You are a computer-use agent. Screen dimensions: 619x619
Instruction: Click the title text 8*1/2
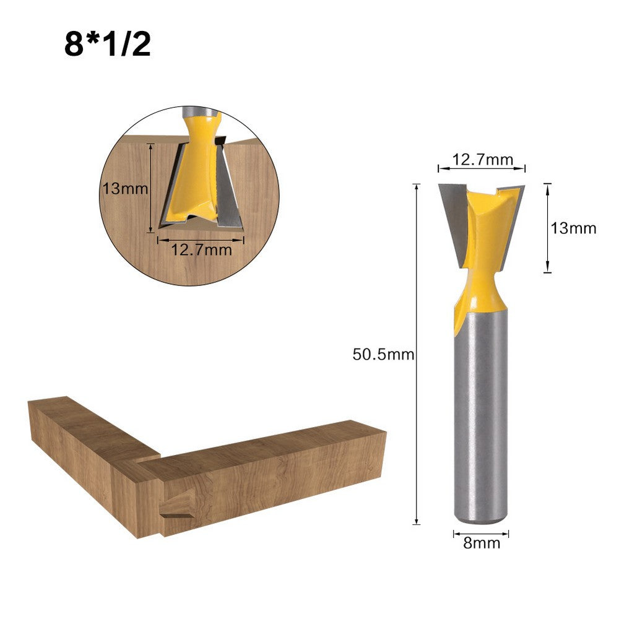[107, 45]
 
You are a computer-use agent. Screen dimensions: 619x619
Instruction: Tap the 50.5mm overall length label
[383, 355]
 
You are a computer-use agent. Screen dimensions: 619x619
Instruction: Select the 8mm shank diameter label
[481, 543]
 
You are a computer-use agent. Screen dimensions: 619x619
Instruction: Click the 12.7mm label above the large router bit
[482, 160]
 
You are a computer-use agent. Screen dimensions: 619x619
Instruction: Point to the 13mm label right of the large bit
[574, 228]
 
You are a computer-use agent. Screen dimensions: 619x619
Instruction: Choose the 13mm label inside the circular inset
[126, 188]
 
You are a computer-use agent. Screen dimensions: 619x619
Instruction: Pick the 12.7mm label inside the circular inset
[201, 249]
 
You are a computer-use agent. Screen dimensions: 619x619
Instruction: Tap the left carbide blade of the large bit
[452, 220]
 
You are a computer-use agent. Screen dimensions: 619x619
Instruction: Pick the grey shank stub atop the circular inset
[201, 112]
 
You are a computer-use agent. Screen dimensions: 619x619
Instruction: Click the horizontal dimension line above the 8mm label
[481, 533]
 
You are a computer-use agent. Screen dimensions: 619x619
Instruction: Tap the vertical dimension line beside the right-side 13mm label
[547, 228]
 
